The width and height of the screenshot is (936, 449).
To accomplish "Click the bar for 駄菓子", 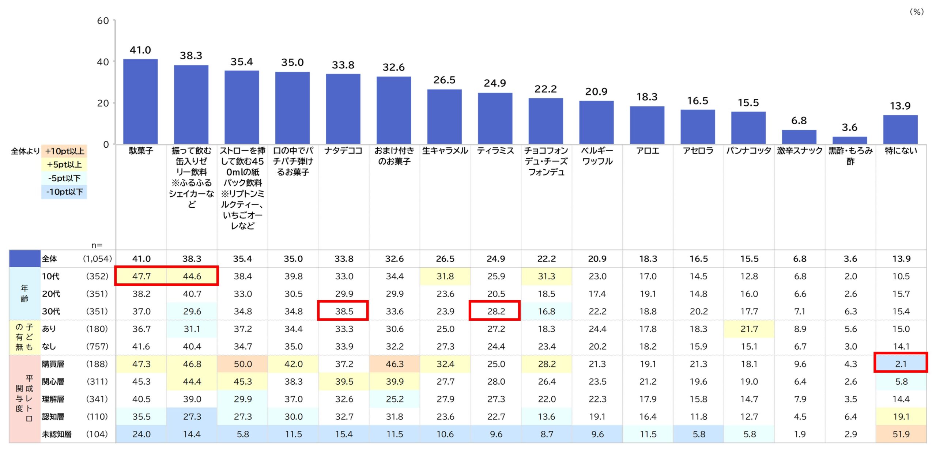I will (140, 101).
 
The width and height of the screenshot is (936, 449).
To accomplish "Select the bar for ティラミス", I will (495, 118).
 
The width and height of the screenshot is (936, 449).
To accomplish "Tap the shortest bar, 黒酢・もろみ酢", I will (850, 140).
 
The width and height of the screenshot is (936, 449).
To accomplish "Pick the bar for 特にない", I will (900, 129).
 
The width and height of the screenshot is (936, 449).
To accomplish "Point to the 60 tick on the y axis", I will (103, 21).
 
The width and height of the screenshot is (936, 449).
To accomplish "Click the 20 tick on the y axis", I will (103, 103).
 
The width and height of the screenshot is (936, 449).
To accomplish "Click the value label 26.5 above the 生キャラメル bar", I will (444, 80).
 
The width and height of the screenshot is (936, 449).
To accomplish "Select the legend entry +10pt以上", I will (64, 151).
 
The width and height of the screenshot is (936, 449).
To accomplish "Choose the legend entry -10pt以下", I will (64, 192).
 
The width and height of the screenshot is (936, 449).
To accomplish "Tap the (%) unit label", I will (916, 12).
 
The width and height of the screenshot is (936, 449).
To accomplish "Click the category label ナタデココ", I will (343, 151).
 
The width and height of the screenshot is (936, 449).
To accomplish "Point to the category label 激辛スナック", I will (799, 151).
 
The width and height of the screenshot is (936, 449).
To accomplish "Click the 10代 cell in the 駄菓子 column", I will (141, 276).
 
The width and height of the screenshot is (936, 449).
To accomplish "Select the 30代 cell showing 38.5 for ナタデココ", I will (344, 311).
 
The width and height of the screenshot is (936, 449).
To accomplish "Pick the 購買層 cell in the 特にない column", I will (901, 364).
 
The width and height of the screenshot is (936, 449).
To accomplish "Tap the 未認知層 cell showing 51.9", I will (901, 434).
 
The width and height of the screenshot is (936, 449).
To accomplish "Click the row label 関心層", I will (53, 381).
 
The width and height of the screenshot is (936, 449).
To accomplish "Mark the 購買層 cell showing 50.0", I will (243, 364).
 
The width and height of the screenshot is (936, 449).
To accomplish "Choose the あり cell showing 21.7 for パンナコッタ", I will (749, 329).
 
